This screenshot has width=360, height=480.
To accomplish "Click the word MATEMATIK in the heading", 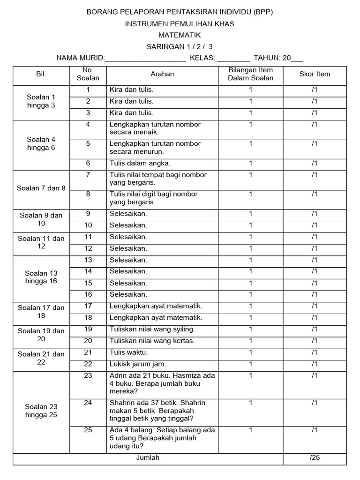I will pos(180,35).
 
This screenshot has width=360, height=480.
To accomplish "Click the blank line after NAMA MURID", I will pos(145,60).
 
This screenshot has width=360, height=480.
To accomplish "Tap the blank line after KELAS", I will pos(233,60).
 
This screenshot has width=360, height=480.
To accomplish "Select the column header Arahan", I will pos(162,74).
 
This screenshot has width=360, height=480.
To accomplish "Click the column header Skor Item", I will pos(315,74).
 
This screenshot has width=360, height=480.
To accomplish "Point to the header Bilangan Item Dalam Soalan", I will pos(250,74).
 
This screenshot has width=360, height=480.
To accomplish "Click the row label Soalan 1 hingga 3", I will pos(41,101).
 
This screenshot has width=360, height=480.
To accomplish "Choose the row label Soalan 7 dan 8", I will pos(41,188).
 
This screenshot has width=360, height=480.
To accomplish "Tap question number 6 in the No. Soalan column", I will pos(88,163).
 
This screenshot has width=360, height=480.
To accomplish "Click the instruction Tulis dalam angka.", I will pos(133,163).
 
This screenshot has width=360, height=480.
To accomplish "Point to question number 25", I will pos(88,430).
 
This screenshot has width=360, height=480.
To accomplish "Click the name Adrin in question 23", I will pos(119,375).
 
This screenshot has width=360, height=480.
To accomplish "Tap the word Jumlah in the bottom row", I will pos(148,458).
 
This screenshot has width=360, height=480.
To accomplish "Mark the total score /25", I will pos(315,458).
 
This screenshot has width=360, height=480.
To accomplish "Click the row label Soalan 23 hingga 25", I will pos(41,411).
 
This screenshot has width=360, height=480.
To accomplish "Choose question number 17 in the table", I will pos(88,306).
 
